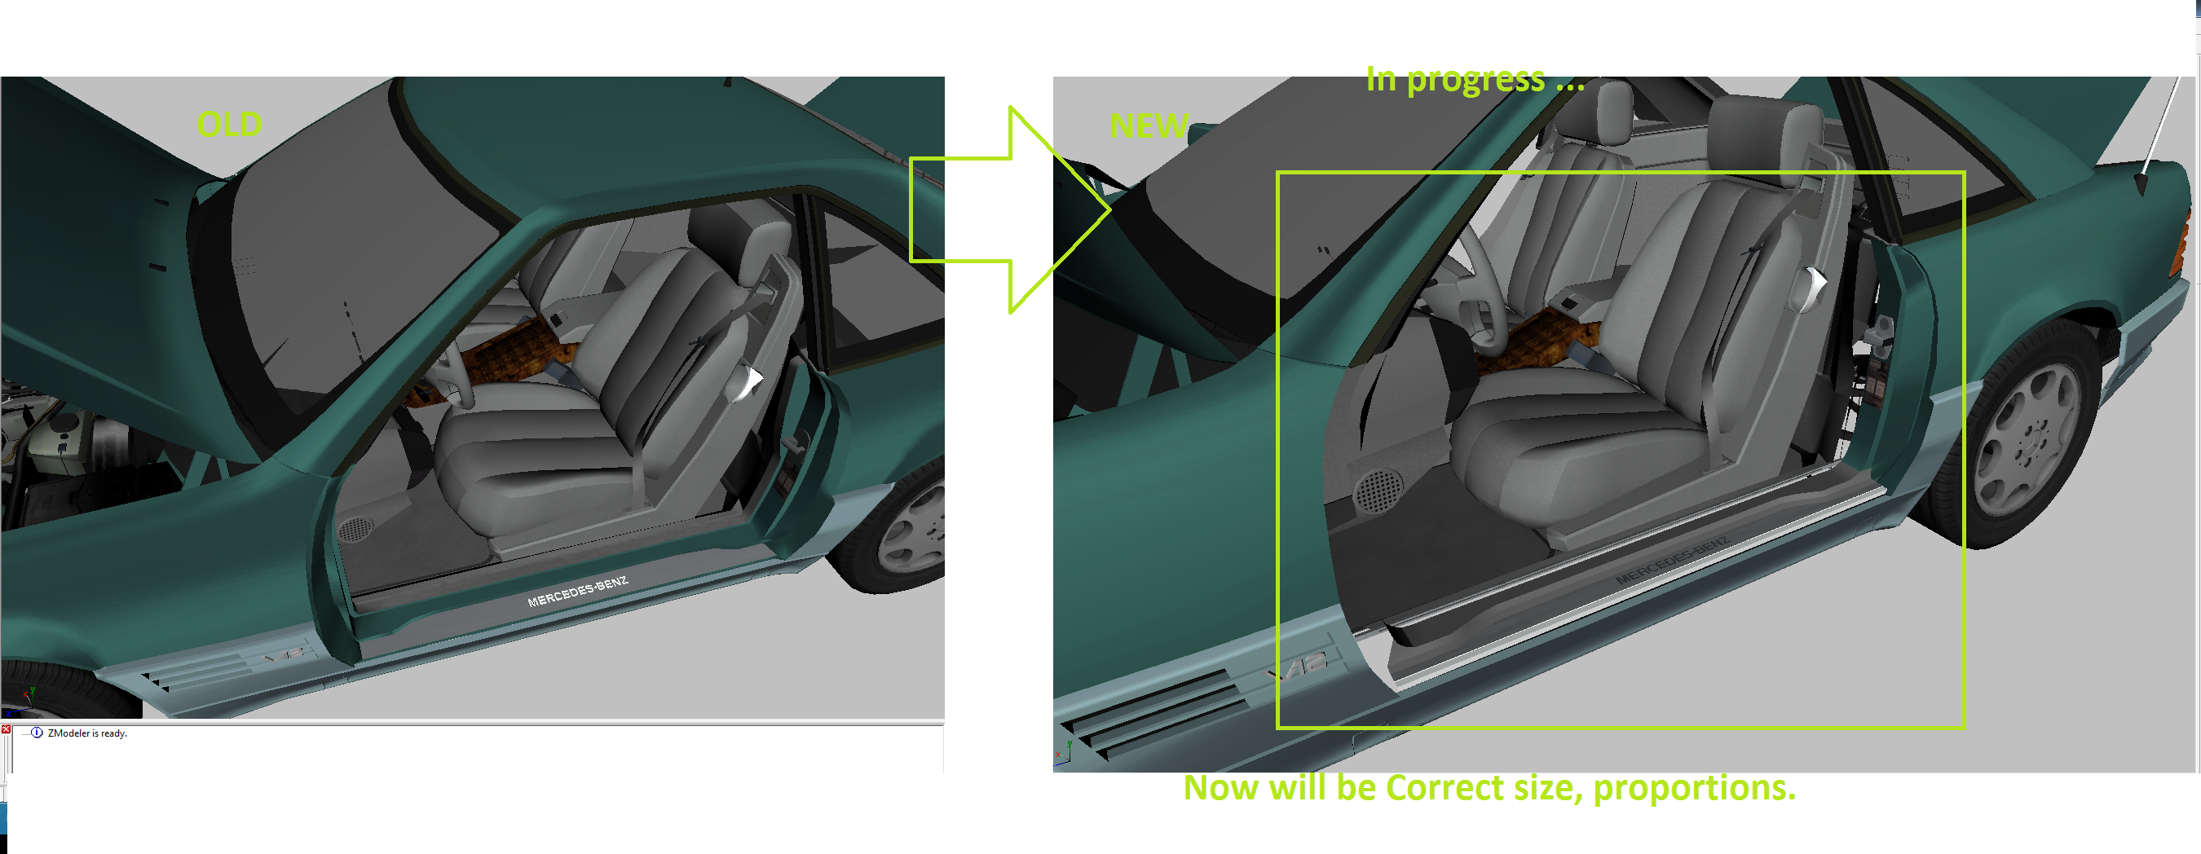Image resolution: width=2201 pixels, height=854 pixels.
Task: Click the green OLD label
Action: click(x=229, y=125)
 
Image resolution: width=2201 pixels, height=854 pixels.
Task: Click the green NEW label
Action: click(x=1149, y=126)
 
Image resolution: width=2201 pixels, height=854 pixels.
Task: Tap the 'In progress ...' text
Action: click(x=1475, y=79)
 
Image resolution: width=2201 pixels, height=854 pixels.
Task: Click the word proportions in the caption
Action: click(x=1693, y=787)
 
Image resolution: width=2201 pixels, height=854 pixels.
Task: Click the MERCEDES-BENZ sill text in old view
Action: click(x=578, y=591)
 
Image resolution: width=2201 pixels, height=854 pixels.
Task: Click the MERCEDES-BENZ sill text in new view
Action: click(x=1671, y=562)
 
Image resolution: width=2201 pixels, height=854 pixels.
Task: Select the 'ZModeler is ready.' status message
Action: click(x=87, y=733)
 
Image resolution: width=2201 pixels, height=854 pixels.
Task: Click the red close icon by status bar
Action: click(x=6, y=729)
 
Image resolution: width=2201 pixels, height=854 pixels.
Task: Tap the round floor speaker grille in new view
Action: click(x=1378, y=491)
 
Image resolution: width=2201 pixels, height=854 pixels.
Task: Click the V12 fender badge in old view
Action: click(x=284, y=657)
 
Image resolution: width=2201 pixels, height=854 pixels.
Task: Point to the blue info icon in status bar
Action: click(x=37, y=733)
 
